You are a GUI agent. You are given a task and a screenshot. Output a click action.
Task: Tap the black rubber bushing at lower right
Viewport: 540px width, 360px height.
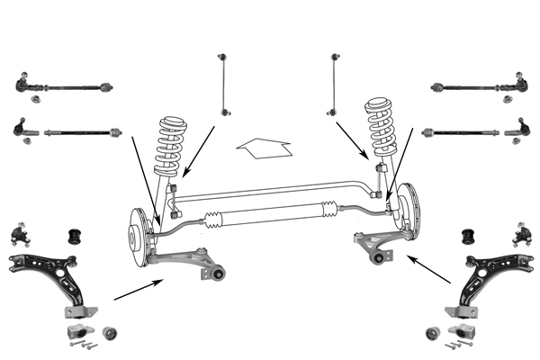tap(467, 238)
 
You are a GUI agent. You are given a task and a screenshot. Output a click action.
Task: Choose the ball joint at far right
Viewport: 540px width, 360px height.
tap(522, 236)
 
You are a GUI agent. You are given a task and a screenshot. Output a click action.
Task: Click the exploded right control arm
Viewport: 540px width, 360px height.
tap(494, 279)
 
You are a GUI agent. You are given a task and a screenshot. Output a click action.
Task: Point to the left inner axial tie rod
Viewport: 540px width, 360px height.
tap(81, 131)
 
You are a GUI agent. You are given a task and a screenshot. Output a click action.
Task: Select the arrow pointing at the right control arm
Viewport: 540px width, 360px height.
tap(428, 269)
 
